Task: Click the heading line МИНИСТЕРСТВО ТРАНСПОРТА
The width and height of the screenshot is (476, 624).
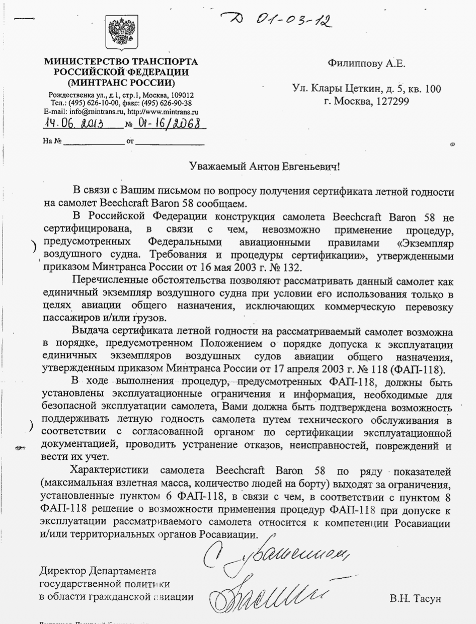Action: pos(121,62)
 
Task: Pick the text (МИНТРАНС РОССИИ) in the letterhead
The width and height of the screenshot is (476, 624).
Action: pos(121,82)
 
